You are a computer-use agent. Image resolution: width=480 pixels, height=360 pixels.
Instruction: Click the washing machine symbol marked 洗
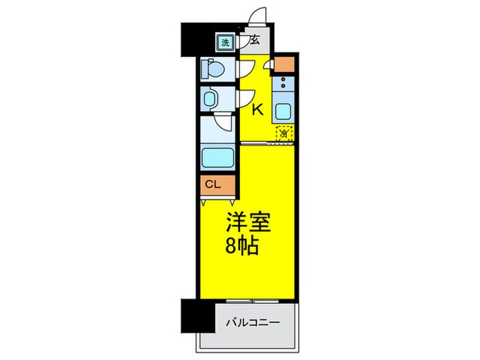[225, 43]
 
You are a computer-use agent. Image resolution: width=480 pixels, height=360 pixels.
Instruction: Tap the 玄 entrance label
[254, 40]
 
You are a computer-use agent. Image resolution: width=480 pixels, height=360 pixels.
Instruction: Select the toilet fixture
[213, 69]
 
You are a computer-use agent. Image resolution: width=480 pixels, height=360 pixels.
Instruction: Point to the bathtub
[217, 157]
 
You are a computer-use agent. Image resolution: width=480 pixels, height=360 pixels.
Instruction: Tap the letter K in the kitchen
[259, 109]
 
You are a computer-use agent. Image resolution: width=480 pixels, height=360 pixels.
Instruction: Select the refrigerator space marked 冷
[283, 134]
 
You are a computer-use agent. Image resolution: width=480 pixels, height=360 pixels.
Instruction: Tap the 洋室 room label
[248, 224]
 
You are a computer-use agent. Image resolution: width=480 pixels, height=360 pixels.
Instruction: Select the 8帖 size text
[243, 246]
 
